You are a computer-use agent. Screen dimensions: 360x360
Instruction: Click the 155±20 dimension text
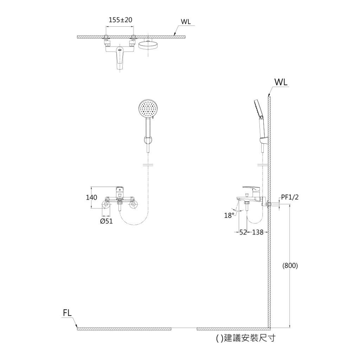pos(120,20)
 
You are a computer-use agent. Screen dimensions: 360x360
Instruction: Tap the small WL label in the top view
pos(186,21)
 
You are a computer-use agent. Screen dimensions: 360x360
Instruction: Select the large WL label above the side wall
pos(281,82)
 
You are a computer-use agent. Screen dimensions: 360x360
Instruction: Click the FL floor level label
pos(67,313)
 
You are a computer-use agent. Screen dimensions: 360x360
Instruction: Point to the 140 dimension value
pos(91,198)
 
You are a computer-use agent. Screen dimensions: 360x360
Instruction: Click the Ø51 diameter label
pos(106,221)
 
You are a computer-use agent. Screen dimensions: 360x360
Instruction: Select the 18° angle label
pos(229,216)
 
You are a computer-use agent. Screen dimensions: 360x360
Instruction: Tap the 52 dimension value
pos(243,232)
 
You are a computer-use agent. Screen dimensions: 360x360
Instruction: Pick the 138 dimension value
pos(258,232)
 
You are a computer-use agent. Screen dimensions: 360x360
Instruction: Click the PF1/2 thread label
pos(290,197)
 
